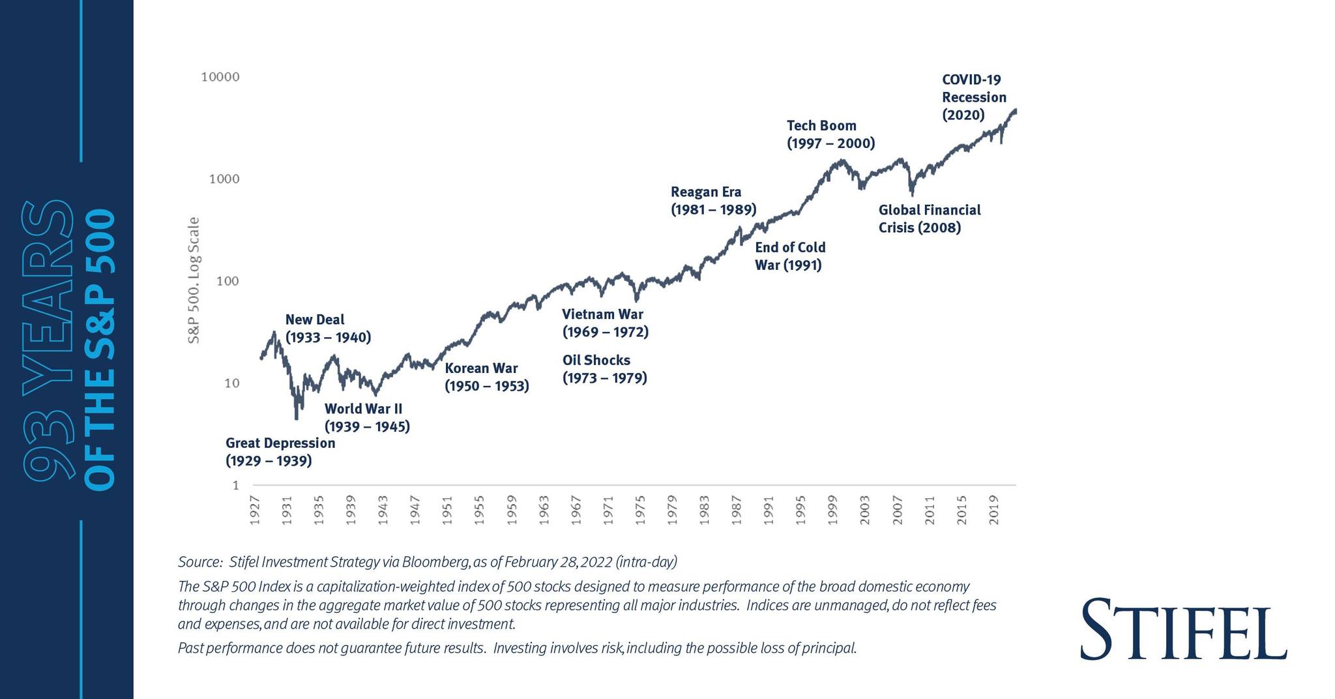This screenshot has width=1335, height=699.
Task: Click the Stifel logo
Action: [x=1183, y=629]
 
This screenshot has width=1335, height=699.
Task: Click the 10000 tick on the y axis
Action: [x=220, y=77]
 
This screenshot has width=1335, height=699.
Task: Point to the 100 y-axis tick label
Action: [x=227, y=281]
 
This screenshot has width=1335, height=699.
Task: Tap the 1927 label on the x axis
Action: [x=255, y=510]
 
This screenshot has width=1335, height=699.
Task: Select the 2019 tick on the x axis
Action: [x=993, y=510]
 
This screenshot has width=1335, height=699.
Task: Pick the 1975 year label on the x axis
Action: [x=640, y=510]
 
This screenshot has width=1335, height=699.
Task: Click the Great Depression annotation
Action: [x=280, y=452]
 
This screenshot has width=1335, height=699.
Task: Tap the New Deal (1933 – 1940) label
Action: [x=328, y=329]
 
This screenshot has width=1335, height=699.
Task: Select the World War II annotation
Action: [x=367, y=418]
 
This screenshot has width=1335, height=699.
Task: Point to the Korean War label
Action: [x=486, y=377]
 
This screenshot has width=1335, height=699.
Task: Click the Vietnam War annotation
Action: [x=605, y=323]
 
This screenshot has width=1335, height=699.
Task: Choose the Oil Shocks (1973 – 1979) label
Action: [x=604, y=369]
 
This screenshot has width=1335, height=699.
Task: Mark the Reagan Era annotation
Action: [x=713, y=201]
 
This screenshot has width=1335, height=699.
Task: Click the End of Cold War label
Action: [x=790, y=256]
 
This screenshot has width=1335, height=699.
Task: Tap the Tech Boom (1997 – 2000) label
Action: [x=830, y=134]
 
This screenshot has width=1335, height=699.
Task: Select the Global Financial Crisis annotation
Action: [x=929, y=218]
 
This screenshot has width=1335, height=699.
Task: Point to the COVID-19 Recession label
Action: [x=974, y=97]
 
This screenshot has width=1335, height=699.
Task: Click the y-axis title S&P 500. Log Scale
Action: [x=194, y=280]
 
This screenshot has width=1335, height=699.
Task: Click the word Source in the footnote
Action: [x=199, y=562]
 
